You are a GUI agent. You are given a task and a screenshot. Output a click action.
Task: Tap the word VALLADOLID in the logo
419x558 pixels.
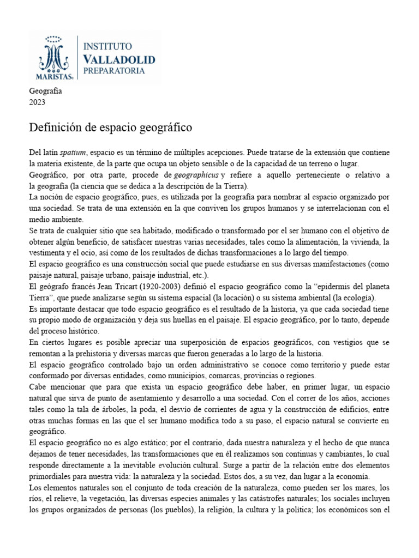click(119, 59)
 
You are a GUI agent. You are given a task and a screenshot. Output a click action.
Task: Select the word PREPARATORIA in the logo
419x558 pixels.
click(114, 71)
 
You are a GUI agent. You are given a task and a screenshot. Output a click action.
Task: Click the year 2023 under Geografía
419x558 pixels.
click(37, 102)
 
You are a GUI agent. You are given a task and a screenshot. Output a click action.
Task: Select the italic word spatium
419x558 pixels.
click(73, 153)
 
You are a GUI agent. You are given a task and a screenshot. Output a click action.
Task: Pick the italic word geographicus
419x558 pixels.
click(195, 174)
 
